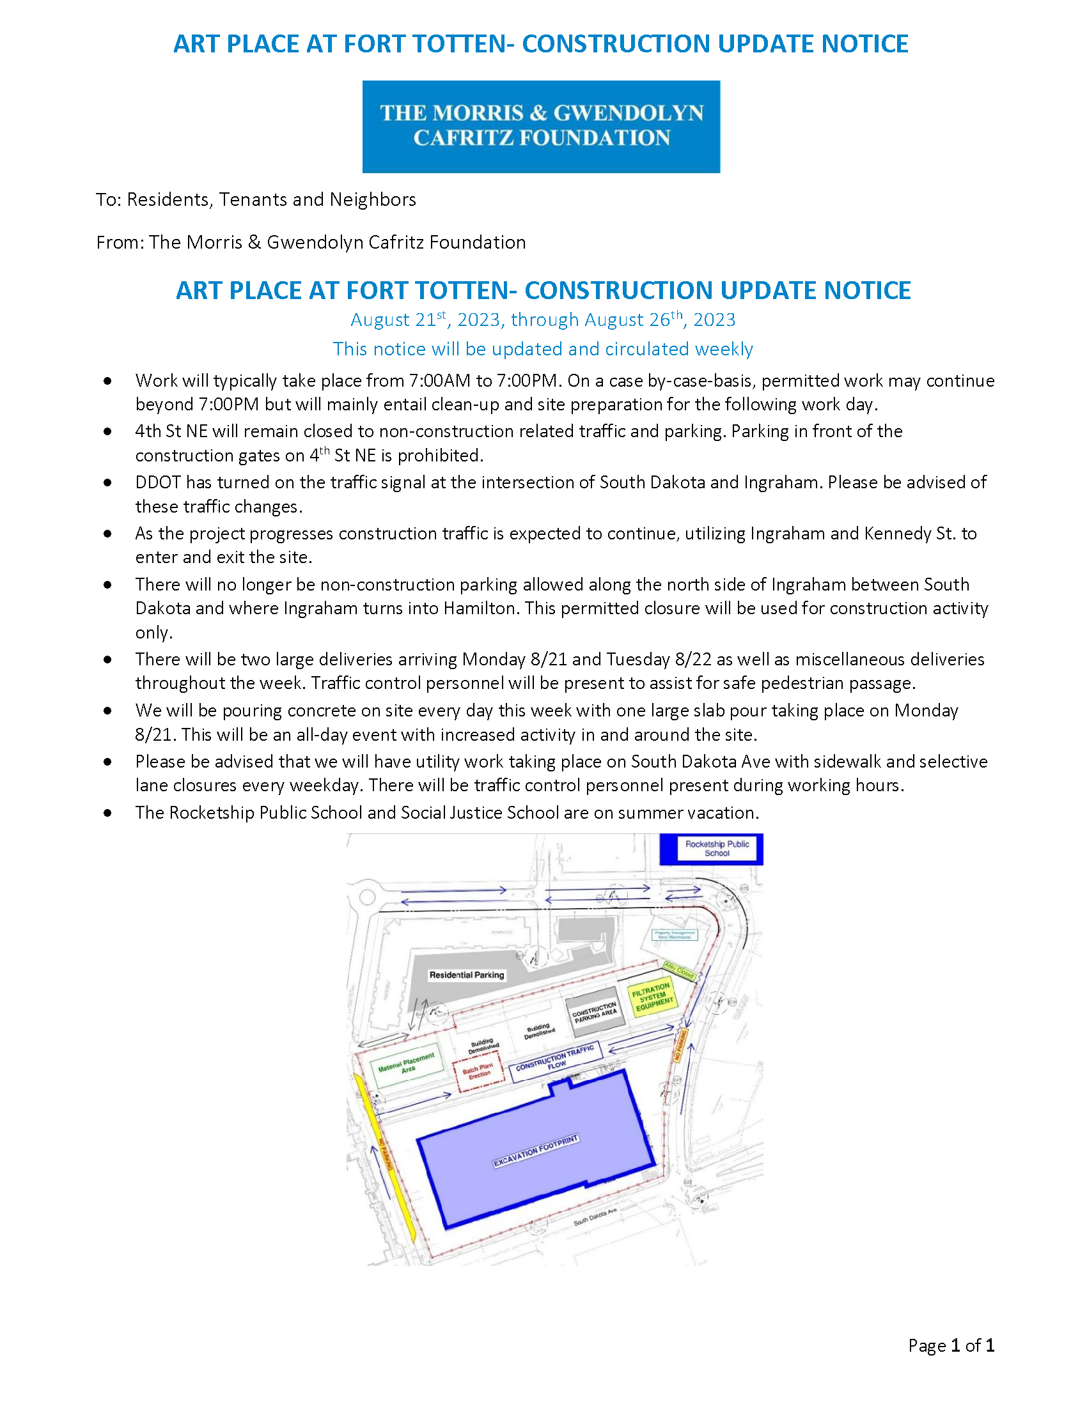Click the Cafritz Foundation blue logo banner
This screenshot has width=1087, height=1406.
(540, 126)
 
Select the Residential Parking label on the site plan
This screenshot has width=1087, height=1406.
(466, 975)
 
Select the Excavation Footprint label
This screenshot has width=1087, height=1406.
(536, 1151)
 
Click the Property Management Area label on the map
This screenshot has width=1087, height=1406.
(673, 935)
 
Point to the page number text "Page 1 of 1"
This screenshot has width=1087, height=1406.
(950, 1345)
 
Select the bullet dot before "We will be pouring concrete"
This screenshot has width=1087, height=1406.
(107, 711)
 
